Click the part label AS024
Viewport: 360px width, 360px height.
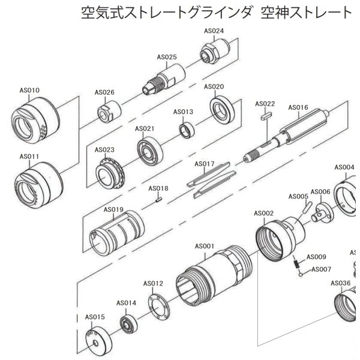point(214,31)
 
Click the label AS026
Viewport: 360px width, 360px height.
point(104,92)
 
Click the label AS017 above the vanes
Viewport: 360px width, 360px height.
point(205,164)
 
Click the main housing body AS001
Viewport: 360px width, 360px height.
point(210,279)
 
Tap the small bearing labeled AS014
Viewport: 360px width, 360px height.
point(128,324)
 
